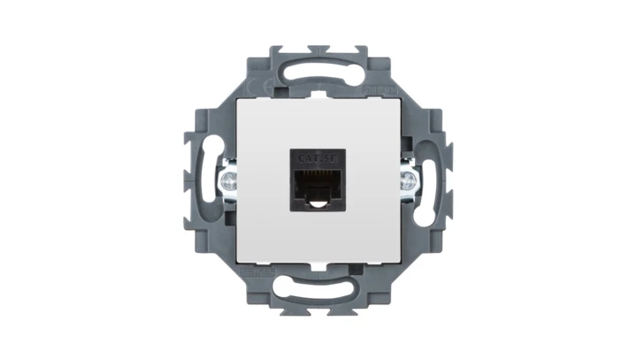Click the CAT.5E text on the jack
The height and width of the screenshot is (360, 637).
pyautogui.click(x=317, y=157)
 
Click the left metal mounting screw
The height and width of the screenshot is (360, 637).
pyautogui.click(x=229, y=183)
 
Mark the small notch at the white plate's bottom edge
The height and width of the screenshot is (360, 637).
pyautogui.click(x=318, y=264)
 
